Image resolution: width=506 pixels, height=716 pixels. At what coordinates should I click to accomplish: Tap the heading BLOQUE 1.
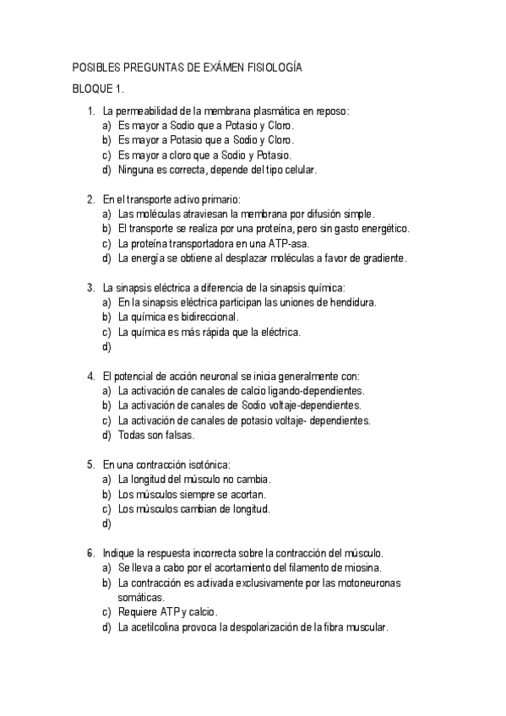click(98, 89)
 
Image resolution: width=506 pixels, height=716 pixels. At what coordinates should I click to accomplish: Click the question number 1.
click(90, 111)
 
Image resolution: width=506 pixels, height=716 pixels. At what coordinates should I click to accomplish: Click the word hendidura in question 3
click(347, 302)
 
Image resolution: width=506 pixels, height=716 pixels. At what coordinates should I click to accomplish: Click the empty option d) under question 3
click(106, 346)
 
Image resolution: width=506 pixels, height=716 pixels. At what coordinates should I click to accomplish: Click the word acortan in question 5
click(226, 494)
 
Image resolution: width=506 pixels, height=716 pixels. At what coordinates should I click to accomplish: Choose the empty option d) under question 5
click(106, 523)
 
